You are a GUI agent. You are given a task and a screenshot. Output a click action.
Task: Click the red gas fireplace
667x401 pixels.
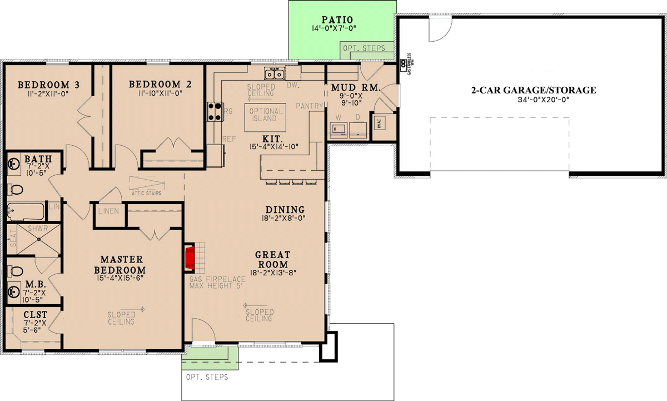(190, 258)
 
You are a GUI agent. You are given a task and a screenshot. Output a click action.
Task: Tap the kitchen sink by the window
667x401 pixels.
(274, 73)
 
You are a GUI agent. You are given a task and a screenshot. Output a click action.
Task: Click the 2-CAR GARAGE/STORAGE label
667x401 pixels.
(532, 90)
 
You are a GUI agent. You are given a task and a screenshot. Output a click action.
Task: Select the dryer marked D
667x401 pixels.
(358, 128)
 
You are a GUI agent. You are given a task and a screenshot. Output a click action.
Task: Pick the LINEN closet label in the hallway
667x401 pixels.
(109, 212)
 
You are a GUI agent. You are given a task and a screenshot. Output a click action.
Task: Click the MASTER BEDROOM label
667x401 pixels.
(122, 265)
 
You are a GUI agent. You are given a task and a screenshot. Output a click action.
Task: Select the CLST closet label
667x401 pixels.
(35, 315)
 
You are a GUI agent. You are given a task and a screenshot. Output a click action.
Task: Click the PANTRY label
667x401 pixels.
(307, 105)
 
